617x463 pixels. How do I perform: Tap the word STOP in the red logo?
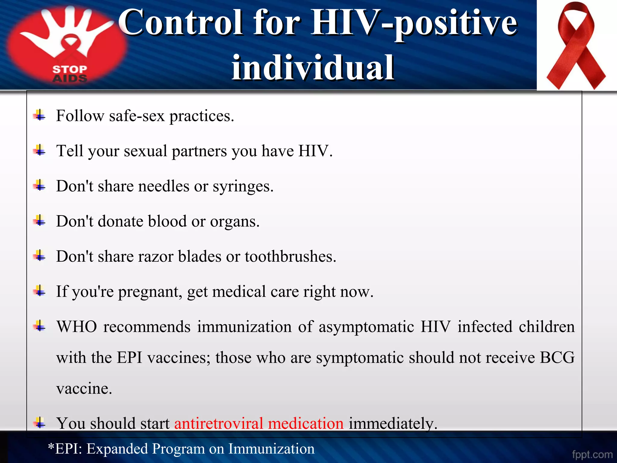point(70,69)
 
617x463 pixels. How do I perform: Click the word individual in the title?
point(313,68)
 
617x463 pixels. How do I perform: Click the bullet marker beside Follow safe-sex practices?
point(39,115)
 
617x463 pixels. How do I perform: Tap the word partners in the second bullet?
point(199,151)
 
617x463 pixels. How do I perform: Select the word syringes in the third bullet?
point(243,186)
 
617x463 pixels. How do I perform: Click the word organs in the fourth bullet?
point(234,222)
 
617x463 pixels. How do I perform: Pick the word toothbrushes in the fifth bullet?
point(290,257)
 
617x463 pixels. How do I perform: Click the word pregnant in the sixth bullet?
point(150,292)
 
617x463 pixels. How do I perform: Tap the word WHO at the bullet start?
point(77,327)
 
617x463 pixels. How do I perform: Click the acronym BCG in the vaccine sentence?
point(557,357)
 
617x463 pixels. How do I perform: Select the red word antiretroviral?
point(219,423)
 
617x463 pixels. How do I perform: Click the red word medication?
point(305,423)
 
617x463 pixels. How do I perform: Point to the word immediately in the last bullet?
point(393,423)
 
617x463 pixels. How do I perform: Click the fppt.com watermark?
point(592,454)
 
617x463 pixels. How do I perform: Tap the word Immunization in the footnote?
point(271,449)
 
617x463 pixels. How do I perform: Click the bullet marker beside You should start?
point(39,423)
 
